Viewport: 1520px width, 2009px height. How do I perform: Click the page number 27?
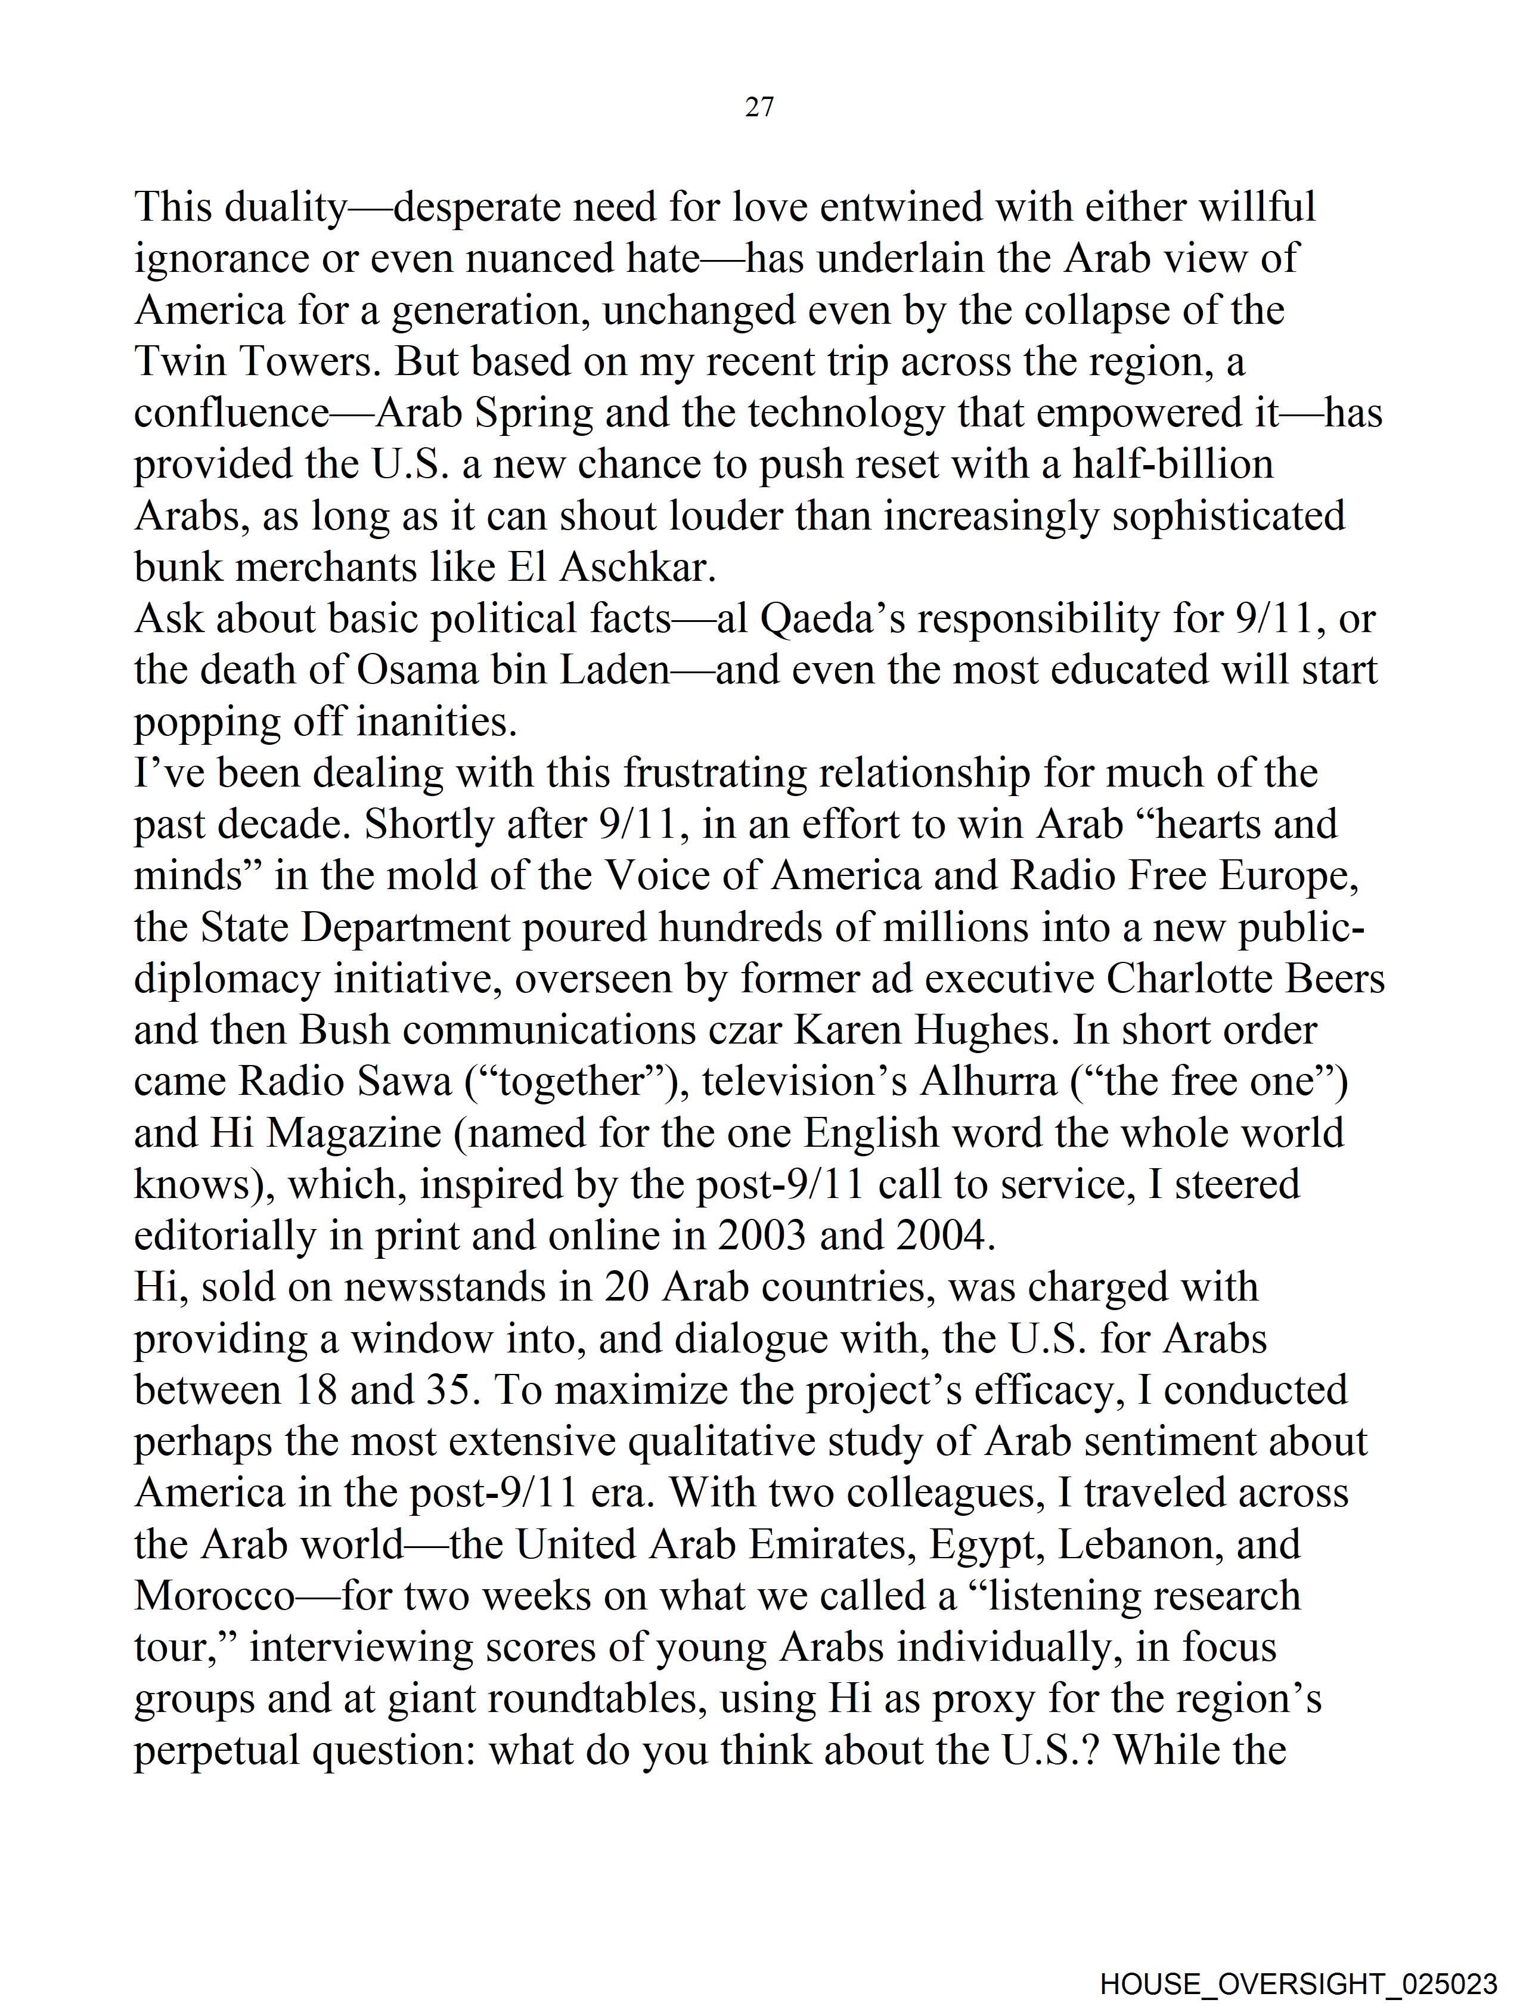point(759,107)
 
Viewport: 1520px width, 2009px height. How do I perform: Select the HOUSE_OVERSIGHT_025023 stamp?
point(1298,1983)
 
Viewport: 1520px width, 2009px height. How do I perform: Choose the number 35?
point(451,1391)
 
